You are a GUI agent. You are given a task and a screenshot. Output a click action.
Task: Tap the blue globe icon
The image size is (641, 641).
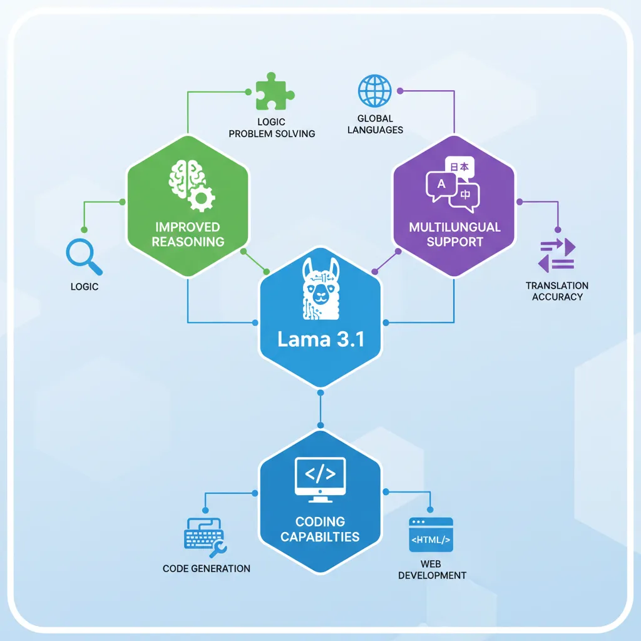click(375, 91)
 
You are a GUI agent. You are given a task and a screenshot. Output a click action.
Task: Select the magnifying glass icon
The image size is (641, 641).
click(83, 258)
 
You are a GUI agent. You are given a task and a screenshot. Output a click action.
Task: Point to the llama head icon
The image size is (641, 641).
click(320, 285)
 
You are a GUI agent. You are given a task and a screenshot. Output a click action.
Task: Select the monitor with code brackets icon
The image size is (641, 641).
click(320, 479)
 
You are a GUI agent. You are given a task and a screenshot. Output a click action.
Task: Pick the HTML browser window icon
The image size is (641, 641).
click(431, 535)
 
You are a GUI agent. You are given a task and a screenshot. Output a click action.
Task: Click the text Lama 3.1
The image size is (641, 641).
click(320, 340)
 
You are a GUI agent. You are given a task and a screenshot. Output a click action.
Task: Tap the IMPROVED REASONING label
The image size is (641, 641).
click(187, 234)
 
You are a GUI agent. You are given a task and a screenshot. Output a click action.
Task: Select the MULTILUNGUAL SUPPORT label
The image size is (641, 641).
click(454, 234)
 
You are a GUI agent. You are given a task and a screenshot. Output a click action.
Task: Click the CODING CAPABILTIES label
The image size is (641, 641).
click(320, 529)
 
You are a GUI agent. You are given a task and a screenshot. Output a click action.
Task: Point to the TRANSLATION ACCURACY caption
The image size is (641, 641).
click(557, 291)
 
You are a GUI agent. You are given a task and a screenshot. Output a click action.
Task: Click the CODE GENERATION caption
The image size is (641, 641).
click(207, 568)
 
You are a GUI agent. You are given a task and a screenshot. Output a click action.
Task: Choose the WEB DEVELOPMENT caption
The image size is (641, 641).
click(432, 570)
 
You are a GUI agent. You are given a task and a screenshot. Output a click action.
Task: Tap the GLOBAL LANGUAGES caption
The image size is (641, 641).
click(376, 124)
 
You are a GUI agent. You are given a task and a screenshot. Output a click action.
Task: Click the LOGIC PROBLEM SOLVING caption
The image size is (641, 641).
click(272, 128)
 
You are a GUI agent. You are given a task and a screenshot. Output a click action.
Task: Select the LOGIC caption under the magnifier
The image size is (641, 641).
click(85, 287)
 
